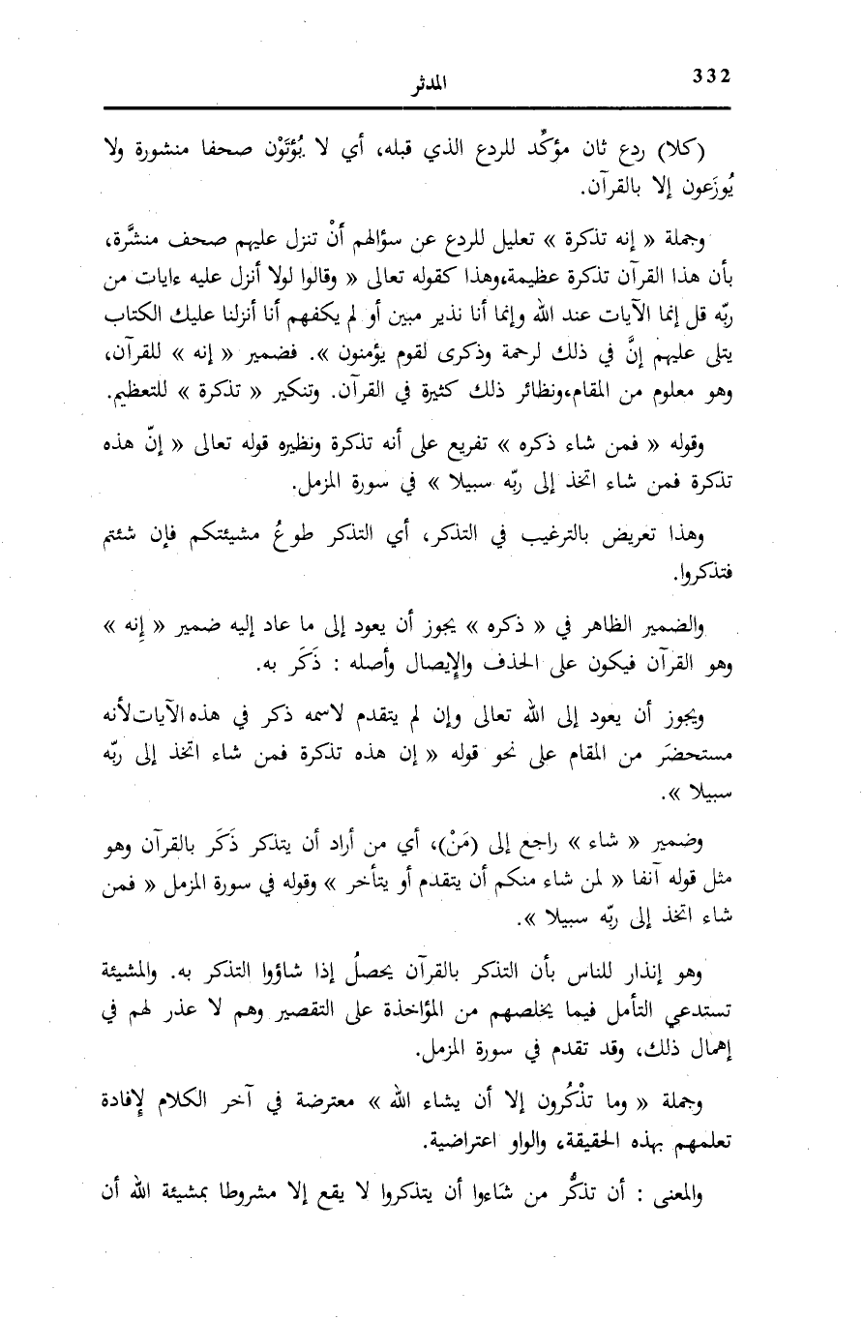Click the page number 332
(x=711, y=76)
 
